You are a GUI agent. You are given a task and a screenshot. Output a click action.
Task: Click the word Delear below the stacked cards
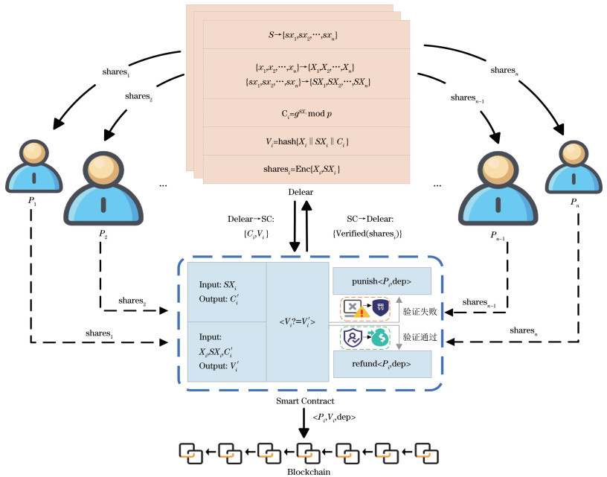[305, 193]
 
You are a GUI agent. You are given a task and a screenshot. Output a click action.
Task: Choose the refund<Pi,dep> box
[382, 364]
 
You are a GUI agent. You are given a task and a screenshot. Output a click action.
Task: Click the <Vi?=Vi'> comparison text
[297, 321]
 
